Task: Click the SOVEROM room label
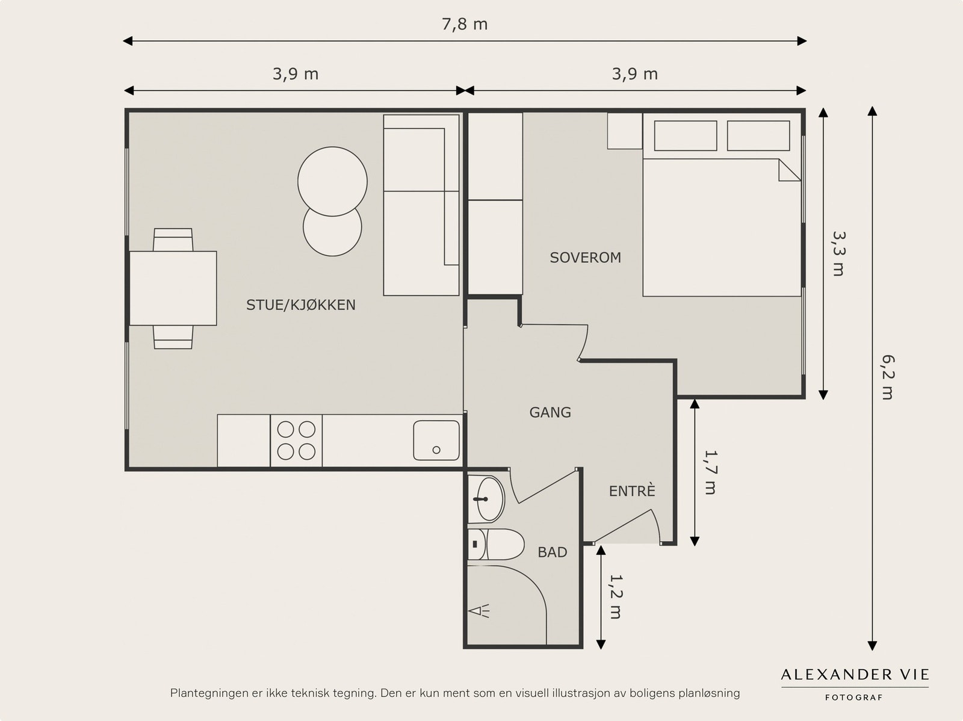tap(585, 258)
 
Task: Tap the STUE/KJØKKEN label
tap(300, 305)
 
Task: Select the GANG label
tap(550, 412)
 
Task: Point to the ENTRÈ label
tap(632, 490)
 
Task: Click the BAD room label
tap(553, 552)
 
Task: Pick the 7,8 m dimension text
tap(465, 25)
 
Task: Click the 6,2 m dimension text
tap(888, 377)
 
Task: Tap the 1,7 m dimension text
tap(710, 472)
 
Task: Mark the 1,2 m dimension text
tap(616, 597)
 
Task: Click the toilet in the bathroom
tap(496, 544)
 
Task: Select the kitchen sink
tap(436, 441)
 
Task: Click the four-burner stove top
tap(296, 441)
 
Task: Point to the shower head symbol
tap(478, 611)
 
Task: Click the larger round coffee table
tap(333, 182)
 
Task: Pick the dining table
tap(173, 288)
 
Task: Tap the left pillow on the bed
tap(686, 136)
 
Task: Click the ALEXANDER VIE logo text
tap(855, 675)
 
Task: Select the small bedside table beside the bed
tap(625, 131)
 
